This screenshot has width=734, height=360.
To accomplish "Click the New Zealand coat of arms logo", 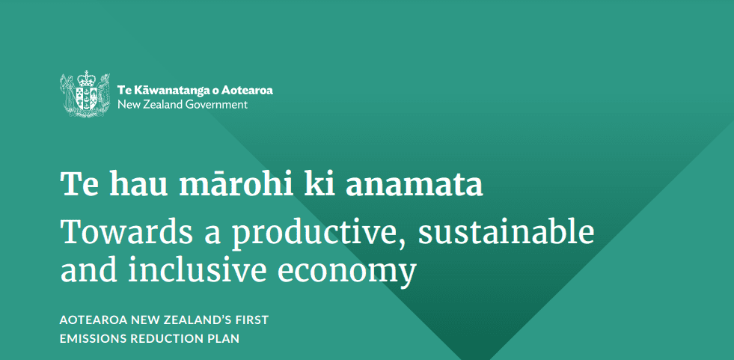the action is click(x=85, y=94).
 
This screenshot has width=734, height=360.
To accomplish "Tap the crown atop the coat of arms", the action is click(x=85, y=78).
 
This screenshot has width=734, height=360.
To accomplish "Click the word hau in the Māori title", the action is click(x=138, y=183).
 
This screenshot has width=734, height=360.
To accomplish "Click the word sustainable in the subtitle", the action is click(x=506, y=232).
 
